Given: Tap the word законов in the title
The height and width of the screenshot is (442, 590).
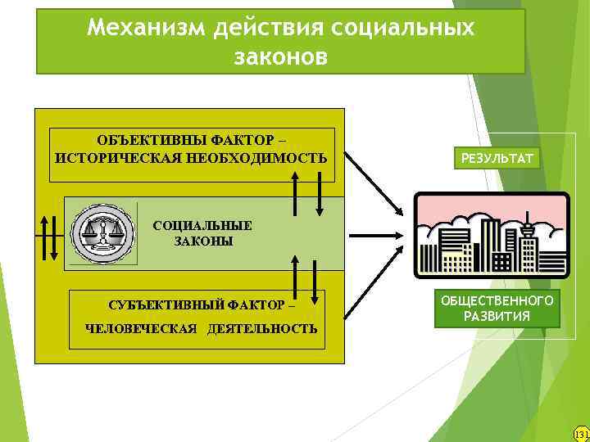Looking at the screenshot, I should point(280,57).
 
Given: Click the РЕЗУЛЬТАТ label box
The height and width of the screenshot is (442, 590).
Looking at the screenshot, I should point(497,156).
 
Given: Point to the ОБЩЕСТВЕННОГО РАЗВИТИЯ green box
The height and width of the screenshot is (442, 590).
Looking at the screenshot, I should point(497,309).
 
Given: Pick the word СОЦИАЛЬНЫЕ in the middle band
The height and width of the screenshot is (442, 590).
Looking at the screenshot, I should point(202,225).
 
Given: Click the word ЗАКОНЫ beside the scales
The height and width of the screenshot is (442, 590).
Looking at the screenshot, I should point(203,241).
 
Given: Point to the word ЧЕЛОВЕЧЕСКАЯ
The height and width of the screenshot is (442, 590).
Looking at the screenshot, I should point(142,329).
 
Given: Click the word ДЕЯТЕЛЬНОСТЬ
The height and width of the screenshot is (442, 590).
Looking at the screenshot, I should point(262,329).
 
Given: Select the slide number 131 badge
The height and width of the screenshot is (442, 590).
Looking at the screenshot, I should point(581,434).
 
